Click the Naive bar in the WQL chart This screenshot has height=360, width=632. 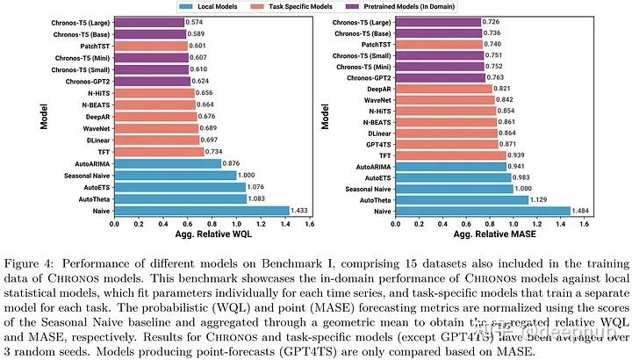coord(200,211)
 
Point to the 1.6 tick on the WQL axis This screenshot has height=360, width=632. coord(308,224)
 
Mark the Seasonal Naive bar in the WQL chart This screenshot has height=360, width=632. coord(174,175)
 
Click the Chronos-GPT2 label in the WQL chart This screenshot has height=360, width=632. coord(83,81)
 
